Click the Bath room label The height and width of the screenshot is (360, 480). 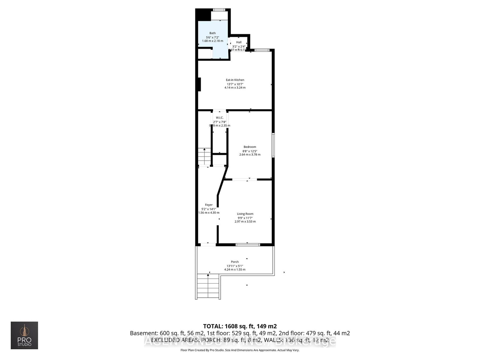click(x=212, y=33)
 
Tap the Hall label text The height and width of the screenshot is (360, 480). click(x=239, y=42)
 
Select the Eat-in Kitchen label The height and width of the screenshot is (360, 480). click(x=235, y=80)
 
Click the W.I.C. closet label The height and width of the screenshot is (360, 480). click(x=220, y=118)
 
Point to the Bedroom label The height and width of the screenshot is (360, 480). click(x=250, y=147)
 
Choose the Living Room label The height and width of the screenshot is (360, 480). click(x=245, y=214)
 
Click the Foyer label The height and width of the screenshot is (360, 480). click(x=209, y=205)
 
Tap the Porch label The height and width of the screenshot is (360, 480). click(x=235, y=262)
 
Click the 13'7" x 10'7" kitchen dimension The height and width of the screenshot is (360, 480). click(x=235, y=84)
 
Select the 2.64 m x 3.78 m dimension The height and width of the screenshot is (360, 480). click(x=250, y=154)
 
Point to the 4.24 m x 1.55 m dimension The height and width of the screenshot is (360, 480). click(x=235, y=269)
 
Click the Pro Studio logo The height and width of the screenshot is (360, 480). click(x=24, y=335)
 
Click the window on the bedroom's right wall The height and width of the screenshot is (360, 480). click(x=273, y=145)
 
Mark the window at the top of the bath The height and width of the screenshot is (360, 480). click(x=219, y=10)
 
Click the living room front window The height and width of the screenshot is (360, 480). click(x=247, y=245)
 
